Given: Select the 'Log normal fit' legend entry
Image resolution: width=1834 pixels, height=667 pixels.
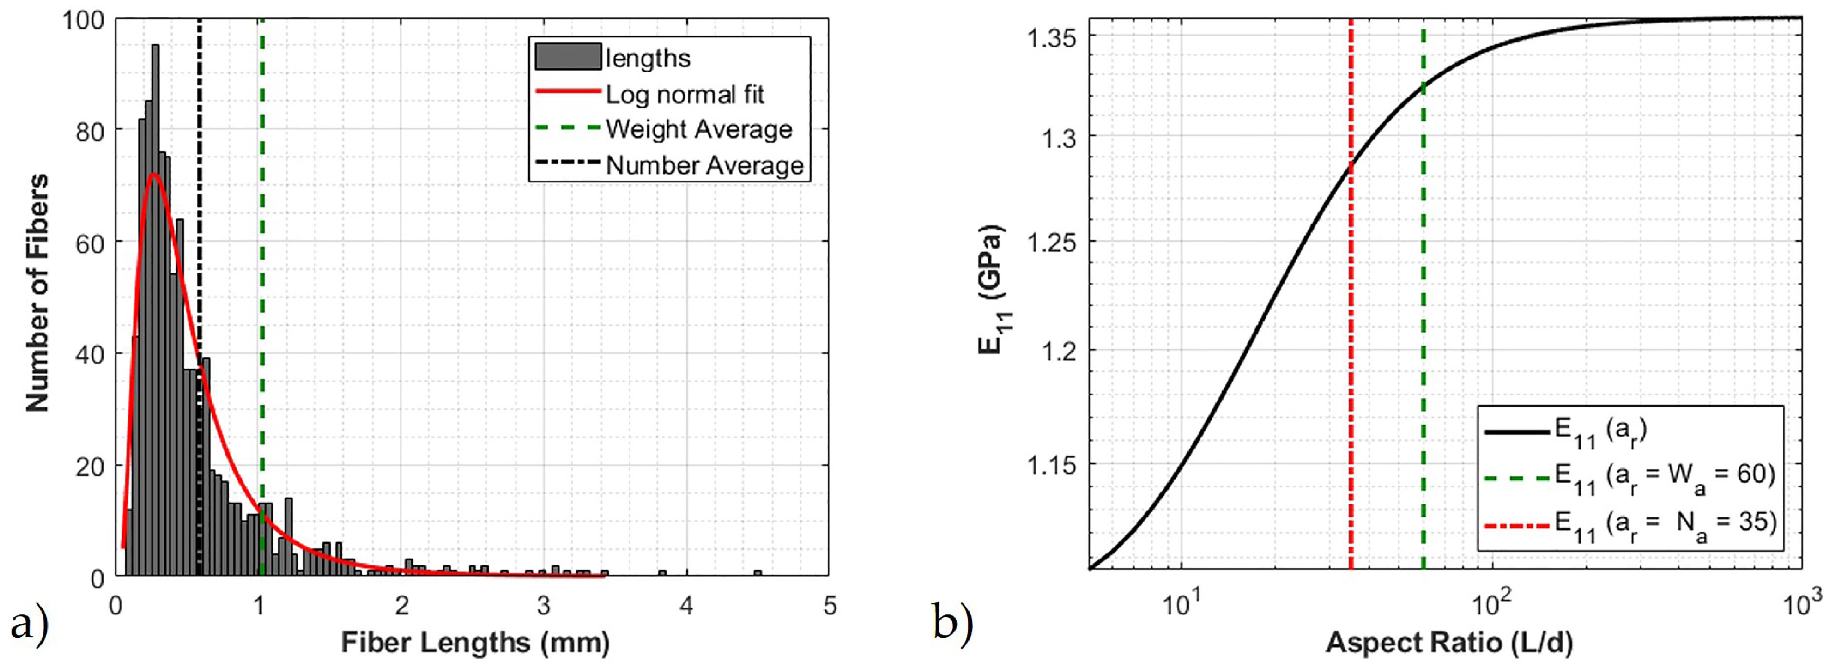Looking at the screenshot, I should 683,94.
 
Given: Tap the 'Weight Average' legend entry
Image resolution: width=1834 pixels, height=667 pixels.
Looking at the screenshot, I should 698,129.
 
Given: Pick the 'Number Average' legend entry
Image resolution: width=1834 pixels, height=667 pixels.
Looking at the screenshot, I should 703,165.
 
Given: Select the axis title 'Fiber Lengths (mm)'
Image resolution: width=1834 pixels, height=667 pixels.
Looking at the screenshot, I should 475,642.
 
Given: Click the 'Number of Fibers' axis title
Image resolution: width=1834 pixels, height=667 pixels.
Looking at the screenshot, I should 37,293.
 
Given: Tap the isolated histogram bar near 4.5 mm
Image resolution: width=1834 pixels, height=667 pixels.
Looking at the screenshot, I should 758,573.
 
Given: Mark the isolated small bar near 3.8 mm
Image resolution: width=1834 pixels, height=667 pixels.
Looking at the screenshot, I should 662,573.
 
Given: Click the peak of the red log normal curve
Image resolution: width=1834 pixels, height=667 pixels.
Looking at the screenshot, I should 154,174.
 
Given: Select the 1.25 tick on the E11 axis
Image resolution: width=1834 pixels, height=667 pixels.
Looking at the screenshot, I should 1051,243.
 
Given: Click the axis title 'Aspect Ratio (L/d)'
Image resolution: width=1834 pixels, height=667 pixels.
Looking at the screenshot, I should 1449,642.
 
